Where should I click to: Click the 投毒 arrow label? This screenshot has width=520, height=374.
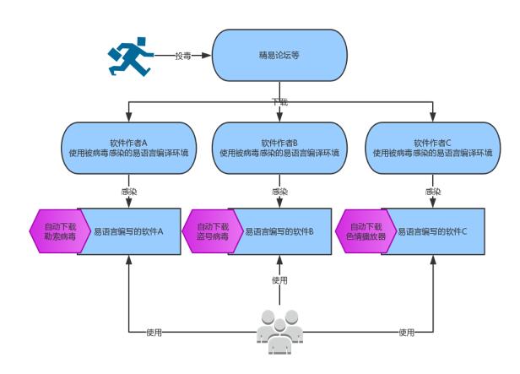pyautogui.click(x=183, y=56)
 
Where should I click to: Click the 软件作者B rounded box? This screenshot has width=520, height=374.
pyautogui.click(x=279, y=149)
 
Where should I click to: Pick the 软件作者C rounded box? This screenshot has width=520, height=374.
pyautogui.click(x=432, y=149)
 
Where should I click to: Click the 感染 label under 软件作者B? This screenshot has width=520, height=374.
pyautogui.click(x=279, y=192)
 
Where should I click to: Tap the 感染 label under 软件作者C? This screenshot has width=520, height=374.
pyautogui.click(x=432, y=192)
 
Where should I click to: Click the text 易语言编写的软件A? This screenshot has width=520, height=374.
pyautogui.click(x=127, y=230)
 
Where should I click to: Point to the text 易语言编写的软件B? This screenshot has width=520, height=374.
pyautogui.click(x=279, y=230)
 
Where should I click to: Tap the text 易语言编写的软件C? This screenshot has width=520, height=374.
pyautogui.click(x=432, y=230)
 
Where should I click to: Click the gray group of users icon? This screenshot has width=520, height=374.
pyautogui.click(x=279, y=332)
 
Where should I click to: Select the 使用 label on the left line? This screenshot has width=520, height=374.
pyautogui.click(x=153, y=333)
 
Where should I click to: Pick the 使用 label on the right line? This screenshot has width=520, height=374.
pyautogui.click(x=406, y=333)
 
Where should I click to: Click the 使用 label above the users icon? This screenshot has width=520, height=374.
pyautogui.click(x=279, y=280)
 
